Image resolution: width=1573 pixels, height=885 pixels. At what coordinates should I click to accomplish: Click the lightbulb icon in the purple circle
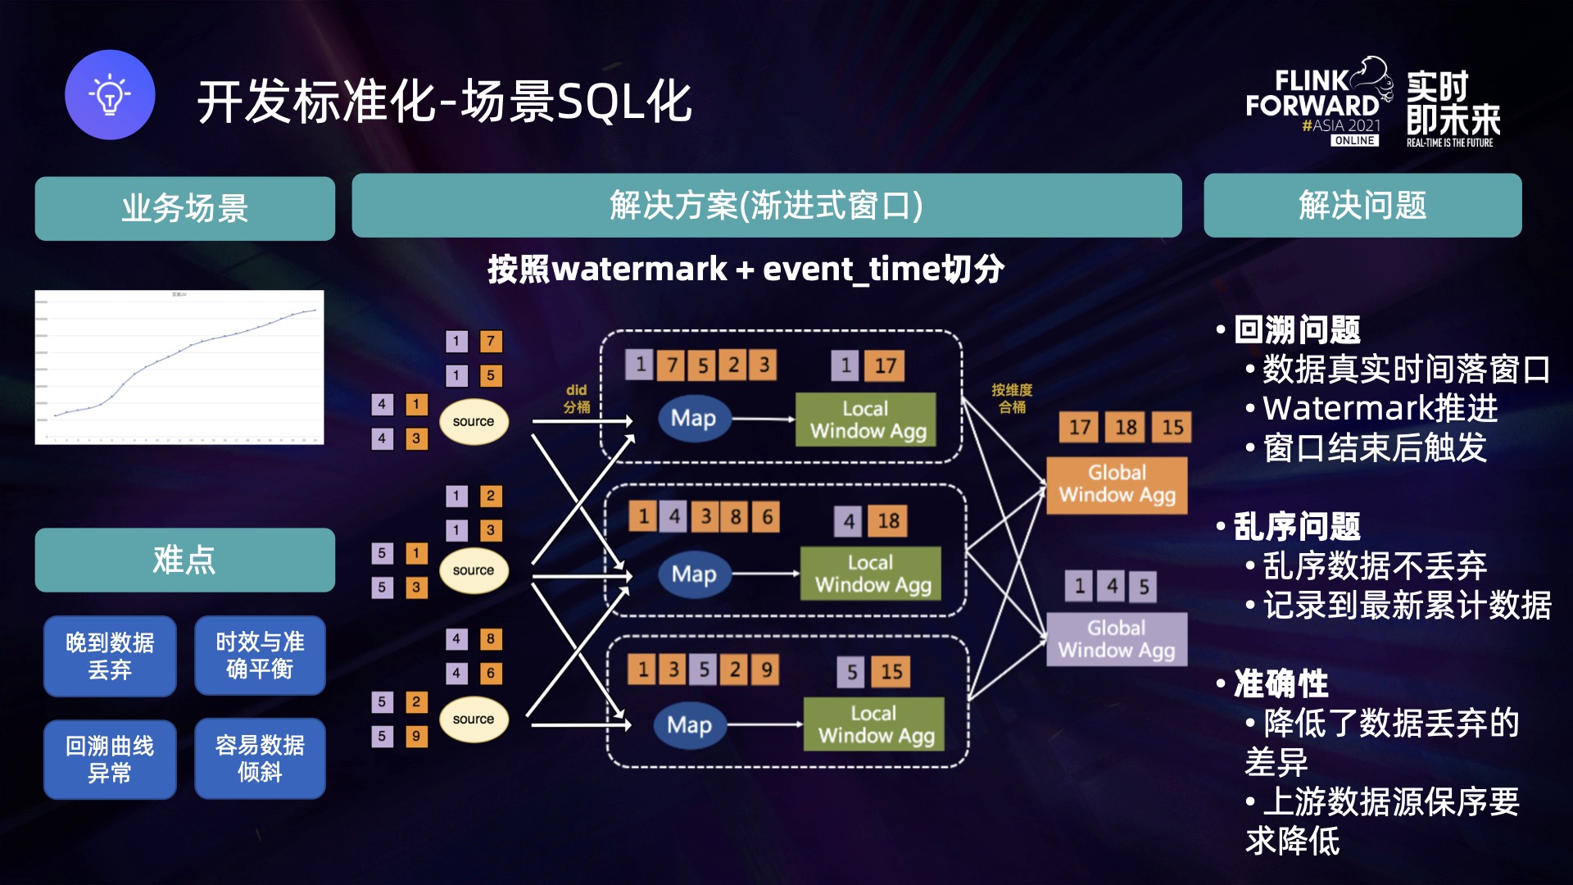pos(110,95)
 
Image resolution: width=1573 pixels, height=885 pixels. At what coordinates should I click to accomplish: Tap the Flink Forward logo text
pos(1312,94)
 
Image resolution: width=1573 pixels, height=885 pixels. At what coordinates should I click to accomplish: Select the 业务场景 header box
pos(184,208)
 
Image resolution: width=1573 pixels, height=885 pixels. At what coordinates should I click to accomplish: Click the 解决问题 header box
pos(1362,206)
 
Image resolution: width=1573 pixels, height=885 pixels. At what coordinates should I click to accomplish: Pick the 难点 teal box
pos(184,560)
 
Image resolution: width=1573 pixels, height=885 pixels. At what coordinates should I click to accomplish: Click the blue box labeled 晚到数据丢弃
pos(110,656)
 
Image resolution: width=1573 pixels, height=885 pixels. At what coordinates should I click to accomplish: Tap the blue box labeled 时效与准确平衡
pos(260,656)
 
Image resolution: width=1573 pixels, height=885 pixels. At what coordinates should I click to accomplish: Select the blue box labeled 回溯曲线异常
pos(110,759)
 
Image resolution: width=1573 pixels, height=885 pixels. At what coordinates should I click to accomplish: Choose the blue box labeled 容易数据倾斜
pos(260,759)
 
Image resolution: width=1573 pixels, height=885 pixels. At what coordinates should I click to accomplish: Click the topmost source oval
pos(474,422)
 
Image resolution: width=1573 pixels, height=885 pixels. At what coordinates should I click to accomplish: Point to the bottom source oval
pos(474,719)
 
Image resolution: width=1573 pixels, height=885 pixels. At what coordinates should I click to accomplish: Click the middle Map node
pos(694,574)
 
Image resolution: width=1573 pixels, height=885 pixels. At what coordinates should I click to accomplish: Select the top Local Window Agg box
pos(866,420)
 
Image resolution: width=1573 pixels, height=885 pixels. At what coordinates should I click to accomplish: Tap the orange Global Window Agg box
pos(1117,484)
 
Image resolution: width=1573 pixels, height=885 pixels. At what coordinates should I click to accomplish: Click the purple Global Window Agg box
pos(1117,639)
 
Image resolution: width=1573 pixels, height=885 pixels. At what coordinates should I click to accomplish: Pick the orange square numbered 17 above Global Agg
pos(1079,427)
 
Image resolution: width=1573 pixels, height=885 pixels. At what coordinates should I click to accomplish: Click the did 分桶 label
pos(577,399)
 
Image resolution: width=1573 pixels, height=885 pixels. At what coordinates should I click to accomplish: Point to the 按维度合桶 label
pos(1012,399)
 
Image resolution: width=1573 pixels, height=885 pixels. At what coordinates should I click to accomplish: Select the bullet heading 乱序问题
pos(1296,526)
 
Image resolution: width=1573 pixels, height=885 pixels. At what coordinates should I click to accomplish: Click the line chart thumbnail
pos(179,367)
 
